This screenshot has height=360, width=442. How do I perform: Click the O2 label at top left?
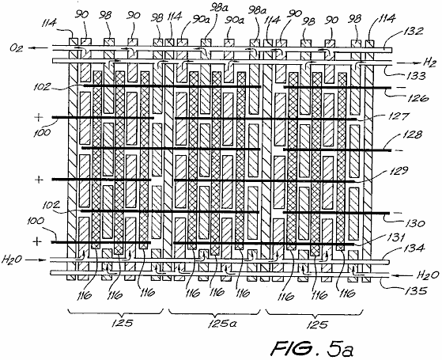[17, 47]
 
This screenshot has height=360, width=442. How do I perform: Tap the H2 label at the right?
[430, 63]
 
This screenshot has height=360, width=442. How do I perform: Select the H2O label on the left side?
[12, 260]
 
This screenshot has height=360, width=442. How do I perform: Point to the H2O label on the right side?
[428, 275]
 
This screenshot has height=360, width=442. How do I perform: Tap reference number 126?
[418, 97]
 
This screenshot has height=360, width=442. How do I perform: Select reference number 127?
[399, 116]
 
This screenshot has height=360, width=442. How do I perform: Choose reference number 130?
[414, 223]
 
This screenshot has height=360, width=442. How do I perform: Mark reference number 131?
[397, 237]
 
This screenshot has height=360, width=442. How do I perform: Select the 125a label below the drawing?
[222, 324]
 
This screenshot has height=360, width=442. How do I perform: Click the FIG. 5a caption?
[312, 348]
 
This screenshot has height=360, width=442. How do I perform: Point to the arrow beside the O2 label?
[38, 48]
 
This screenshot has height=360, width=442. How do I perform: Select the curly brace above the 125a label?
[214, 312]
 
